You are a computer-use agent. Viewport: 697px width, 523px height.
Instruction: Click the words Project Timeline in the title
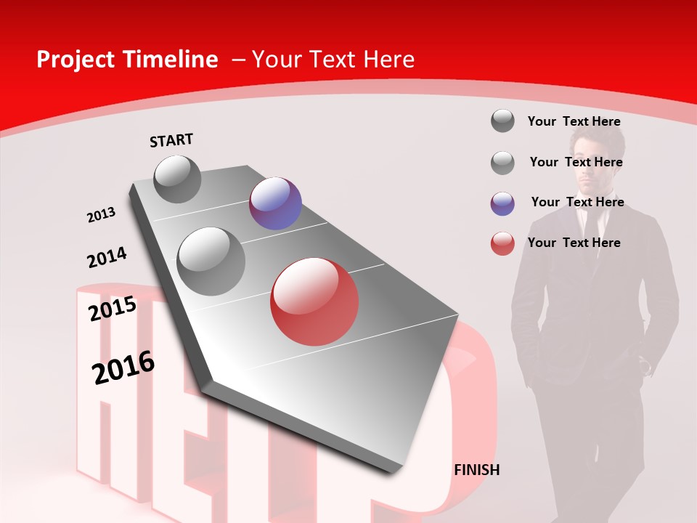point(127,60)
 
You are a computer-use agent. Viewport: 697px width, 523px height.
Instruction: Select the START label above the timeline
point(171,140)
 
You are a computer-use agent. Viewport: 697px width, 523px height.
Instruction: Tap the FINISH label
point(477,470)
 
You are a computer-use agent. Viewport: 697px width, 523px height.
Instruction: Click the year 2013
point(102,215)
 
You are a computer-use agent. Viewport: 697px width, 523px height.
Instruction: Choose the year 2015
point(113,309)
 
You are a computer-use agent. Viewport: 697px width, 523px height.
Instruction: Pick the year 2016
point(123,368)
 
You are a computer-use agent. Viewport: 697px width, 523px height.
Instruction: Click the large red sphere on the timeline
point(314,301)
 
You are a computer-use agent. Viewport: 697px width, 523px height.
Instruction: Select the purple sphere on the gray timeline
point(275,203)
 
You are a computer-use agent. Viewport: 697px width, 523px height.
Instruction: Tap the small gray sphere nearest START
point(178,179)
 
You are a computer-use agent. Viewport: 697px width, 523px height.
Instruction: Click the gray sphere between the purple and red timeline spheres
point(211,261)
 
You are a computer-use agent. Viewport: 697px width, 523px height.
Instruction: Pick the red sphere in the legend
point(502,243)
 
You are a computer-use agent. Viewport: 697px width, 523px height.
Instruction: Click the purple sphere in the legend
point(502,203)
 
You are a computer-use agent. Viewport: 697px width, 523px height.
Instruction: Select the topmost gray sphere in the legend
point(502,121)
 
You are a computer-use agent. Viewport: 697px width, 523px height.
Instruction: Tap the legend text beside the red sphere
point(574,243)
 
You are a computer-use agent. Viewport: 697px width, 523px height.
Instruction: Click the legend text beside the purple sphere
point(577,202)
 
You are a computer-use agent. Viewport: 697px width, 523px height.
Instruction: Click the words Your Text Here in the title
point(333,60)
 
